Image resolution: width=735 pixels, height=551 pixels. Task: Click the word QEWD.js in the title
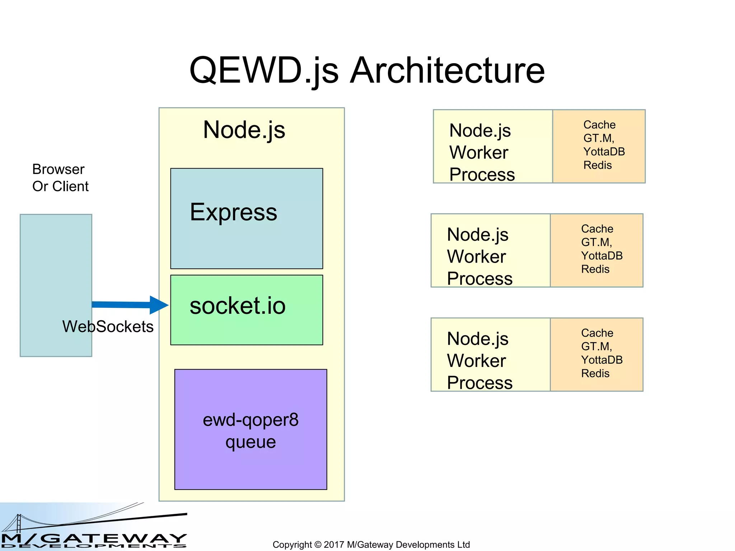(x=264, y=71)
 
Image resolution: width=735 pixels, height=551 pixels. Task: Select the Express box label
(x=233, y=212)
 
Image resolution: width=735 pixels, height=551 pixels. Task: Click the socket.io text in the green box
(x=237, y=306)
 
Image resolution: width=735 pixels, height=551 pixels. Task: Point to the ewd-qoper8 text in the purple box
(x=251, y=420)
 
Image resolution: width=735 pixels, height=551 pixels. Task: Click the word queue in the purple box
(x=251, y=442)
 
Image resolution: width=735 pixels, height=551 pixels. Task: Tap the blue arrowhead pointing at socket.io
(x=158, y=305)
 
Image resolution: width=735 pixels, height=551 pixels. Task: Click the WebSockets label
(x=108, y=326)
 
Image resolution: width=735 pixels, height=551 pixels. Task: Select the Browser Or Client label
(x=60, y=178)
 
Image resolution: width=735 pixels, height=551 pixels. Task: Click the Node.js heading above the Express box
(x=244, y=130)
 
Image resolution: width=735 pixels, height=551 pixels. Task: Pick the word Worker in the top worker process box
(x=478, y=152)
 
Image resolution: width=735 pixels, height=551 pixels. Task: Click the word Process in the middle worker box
(x=479, y=279)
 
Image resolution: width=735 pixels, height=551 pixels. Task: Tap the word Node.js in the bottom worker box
(x=477, y=339)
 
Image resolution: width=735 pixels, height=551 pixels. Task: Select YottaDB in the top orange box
(x=604, y=152)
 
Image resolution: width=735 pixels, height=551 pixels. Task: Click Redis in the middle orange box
(x=595, y=269)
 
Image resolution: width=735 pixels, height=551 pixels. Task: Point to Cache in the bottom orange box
(x=597, y=333)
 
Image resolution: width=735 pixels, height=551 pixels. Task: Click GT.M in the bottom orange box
(x=596, y=347)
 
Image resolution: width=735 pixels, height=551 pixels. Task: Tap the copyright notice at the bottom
(x=371, y=545)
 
